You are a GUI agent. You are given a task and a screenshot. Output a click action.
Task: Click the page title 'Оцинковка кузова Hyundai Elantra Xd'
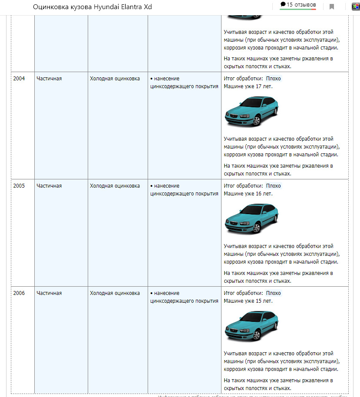click(92, 7)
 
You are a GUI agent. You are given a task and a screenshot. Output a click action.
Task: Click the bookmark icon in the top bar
click(332, 7)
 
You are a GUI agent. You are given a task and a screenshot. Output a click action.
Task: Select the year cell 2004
click(19, 79)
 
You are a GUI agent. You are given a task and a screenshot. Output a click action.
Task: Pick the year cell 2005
click(19, 186)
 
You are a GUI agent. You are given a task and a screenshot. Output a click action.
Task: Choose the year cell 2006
click(19, 293)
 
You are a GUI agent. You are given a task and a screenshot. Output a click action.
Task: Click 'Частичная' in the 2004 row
click(49, 79)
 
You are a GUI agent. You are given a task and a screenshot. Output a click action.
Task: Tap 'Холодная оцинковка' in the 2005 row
click(115, 186)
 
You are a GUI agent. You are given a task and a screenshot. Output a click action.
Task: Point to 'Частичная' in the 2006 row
click(49, 293)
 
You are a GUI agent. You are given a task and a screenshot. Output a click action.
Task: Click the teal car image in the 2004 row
click(251, 111)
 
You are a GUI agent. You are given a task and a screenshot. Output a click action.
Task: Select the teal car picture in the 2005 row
click(251, 218)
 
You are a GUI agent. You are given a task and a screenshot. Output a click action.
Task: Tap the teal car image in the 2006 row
click(251, 326)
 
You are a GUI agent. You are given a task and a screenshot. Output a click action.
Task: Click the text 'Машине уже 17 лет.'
click(248, 86)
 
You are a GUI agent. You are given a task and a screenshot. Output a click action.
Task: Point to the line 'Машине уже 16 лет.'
click(248, 194)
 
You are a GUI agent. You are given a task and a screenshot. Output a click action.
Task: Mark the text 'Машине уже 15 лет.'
click(248, 301)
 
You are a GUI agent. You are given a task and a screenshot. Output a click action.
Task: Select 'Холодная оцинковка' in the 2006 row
click(115, 293)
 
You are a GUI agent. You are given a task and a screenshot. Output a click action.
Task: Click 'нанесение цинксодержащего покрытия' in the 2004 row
click(184, 83)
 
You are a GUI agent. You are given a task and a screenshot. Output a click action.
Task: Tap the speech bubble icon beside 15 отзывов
click(283, 4)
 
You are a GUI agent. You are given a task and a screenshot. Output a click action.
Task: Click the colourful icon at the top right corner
click(356, 6)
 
